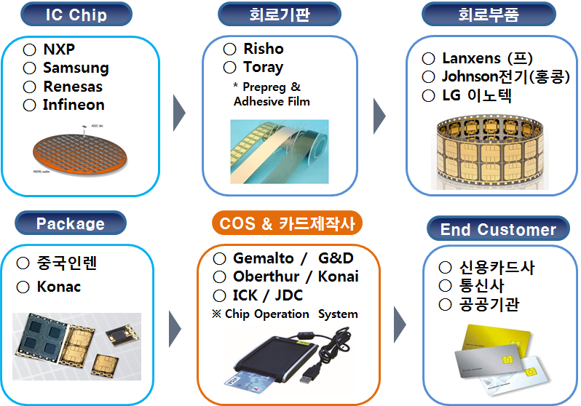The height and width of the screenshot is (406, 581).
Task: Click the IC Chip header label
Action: [x=76, y=14]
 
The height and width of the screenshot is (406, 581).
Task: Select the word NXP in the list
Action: [x=59, y=50]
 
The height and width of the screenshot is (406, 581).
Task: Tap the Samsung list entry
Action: [x=76, y=68]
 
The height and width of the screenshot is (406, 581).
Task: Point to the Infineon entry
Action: [x=74, y=105]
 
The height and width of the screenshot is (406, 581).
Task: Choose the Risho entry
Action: [x=264, y=49]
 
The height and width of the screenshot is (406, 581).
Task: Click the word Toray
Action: [x=263, y=67]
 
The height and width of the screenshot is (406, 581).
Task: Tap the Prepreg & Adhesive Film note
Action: [x=271, y=94]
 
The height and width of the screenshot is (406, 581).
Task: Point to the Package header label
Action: [x=71, y=224]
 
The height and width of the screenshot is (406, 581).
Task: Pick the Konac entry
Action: [x=59, y=287]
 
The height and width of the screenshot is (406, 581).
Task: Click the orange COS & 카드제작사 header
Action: [x=288, y=224]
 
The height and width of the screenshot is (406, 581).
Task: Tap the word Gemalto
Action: [x=264, y=258]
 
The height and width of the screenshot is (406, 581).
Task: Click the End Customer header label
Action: [x=498, y=230]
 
